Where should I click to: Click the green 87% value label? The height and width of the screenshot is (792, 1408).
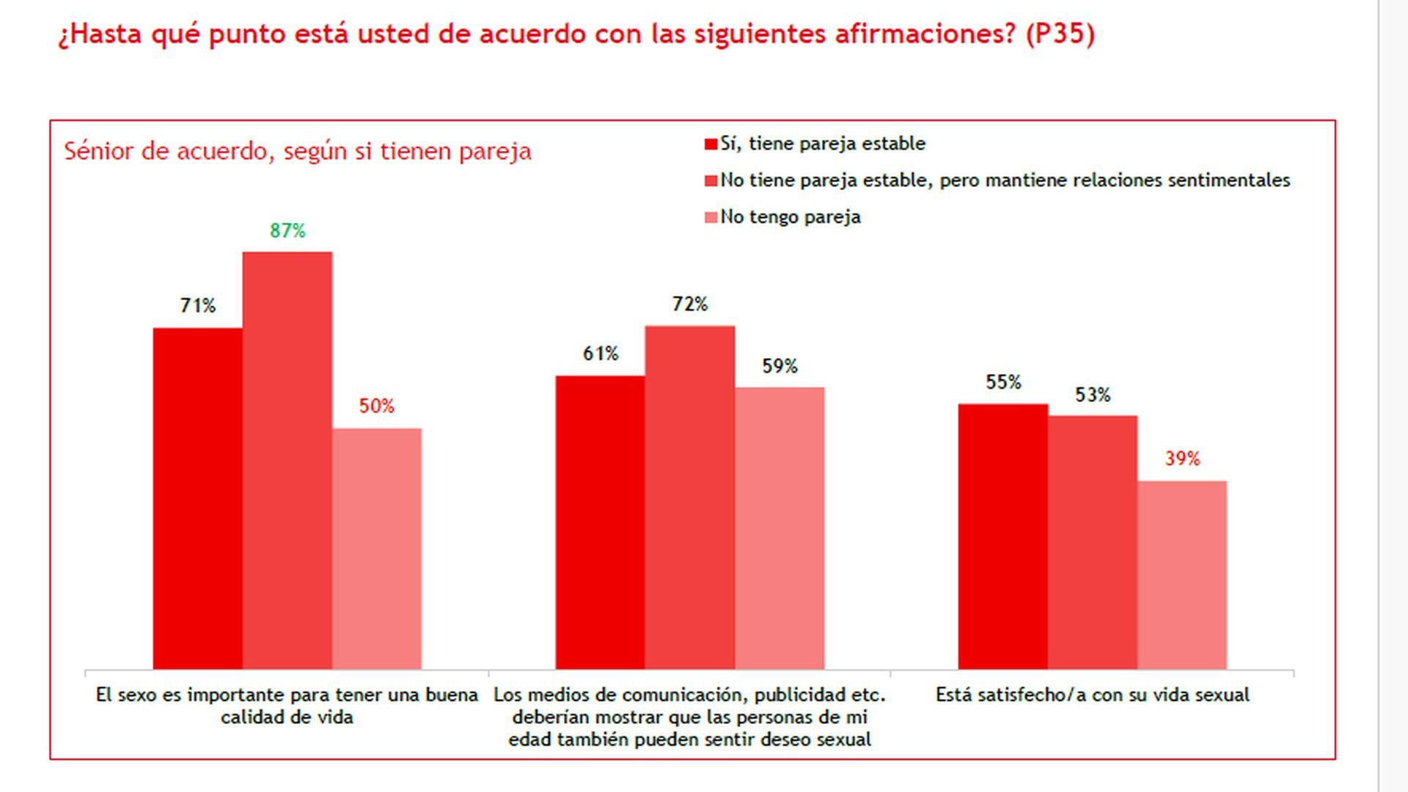point(287,231)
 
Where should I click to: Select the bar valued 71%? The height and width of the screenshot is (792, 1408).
point(197,499)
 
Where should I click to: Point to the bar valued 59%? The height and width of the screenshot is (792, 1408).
point(780,528)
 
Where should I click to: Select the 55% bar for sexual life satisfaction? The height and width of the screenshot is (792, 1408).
point(1002,536)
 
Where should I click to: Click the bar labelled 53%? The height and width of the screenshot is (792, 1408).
point(1092,542)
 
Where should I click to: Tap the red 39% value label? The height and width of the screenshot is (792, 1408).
point(1181,459)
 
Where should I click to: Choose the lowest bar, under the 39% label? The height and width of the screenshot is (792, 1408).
point(1181,575)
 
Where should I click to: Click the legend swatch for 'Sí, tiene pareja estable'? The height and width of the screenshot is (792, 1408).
point(710,144)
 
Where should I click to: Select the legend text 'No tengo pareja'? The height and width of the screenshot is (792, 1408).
point(790,217)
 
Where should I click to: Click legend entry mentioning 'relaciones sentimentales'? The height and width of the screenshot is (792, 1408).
point(1005,180)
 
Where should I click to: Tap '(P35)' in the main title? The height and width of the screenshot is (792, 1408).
point(1060,34)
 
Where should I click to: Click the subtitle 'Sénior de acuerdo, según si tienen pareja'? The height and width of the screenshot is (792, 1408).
point(297,151)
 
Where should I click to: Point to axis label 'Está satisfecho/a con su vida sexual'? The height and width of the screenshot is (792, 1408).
point(1092,695)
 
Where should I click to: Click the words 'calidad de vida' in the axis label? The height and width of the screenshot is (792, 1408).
point(287,717)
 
